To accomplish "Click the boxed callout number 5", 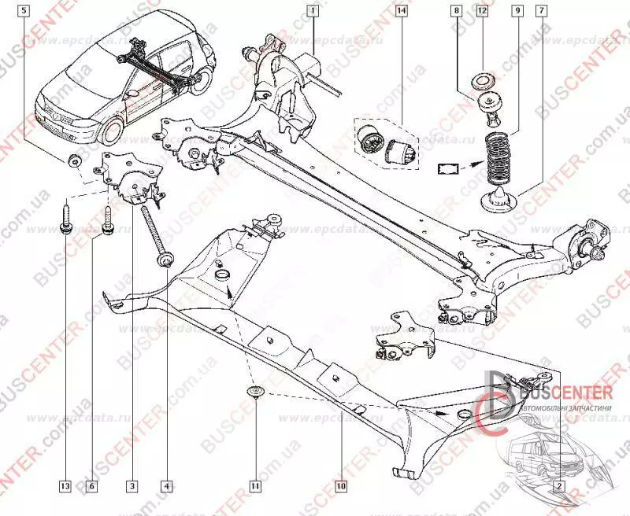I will [26, 11].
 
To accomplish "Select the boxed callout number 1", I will [313, 11].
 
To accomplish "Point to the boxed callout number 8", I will [457, 11].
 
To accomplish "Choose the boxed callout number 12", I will [482, 11].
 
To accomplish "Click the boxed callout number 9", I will [517, 11].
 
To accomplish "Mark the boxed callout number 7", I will [541, 11].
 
